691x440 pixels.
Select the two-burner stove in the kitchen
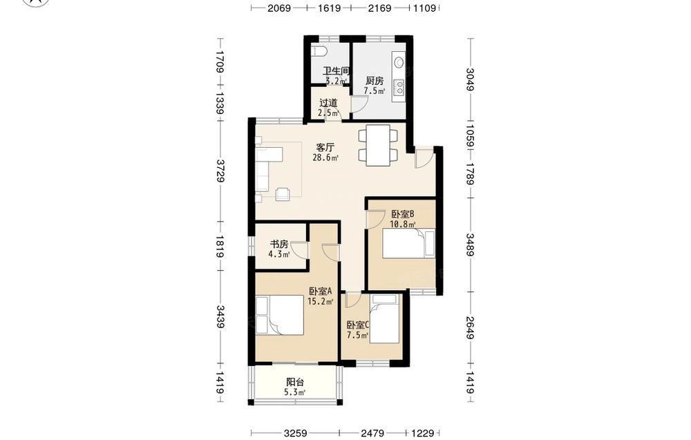pyautogui.click(x=399, y=87)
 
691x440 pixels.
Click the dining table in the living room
pyautogui.click(x=378, y=145)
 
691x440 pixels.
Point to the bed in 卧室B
pyautogui.click(x=408, y=243)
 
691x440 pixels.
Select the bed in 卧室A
pyautogui.click(x=280, y=316)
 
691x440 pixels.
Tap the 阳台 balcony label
pyautogui.click(x=295, y=382)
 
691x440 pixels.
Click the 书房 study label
pyautogui.click(x=279, y=244)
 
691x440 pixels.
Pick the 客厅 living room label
pyautogui.click(x=325, y=148)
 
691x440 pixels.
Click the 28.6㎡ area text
pyautogui.click(x=325, y=157)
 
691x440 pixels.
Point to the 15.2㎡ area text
pyautogui.click(x=321, y=301)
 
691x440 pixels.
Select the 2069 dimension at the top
pyautogui.click(x=279, y=8)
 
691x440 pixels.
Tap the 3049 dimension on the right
pyautogui.click(x=470, y=79)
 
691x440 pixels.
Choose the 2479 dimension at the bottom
pyautogui.click(x=373, y=433)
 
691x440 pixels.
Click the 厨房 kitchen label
pyautogui.click(x=375, y=81)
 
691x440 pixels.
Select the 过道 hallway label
pyautogui.click(x=328, y=103)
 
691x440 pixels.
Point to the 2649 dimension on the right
pyautogui.click(x=470, y=327)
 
